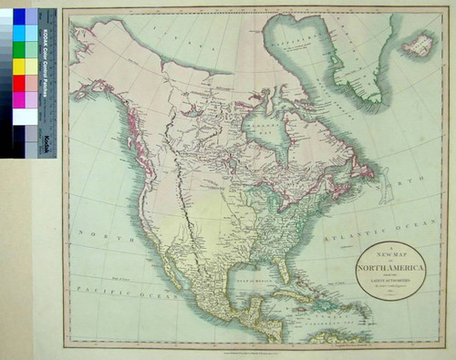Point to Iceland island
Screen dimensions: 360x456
tap(418, 42)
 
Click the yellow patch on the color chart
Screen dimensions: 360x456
tap(19, 66)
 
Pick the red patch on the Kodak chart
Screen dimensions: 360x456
tap(19, 83)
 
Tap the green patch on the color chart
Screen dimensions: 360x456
tap(19, 49)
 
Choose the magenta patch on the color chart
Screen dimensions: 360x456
tap(19, 99)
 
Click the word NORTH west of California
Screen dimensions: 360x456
tap(95, 235)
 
